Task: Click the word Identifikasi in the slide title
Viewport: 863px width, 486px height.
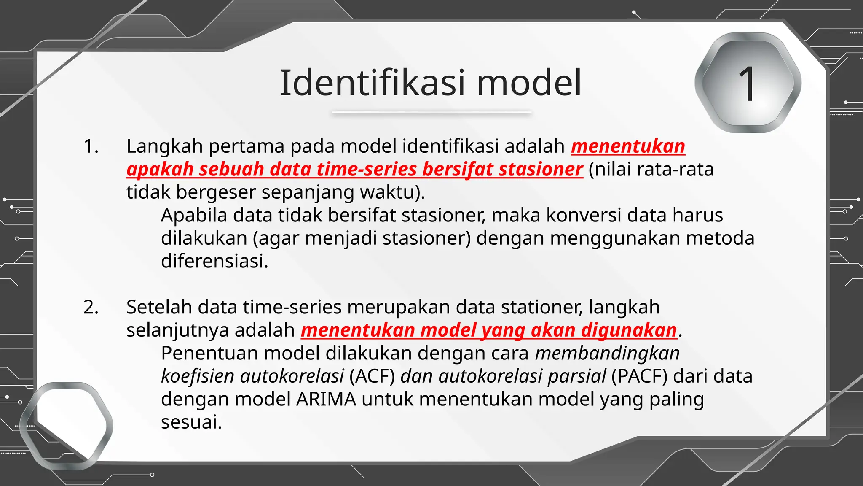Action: click(373, 83)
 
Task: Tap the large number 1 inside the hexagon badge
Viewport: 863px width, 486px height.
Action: click(748, 84)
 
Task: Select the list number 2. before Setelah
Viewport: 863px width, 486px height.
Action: click(91, 307)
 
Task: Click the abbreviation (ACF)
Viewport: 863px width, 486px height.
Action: click(372, 376)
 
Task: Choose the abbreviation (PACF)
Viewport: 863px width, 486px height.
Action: click(639, 376)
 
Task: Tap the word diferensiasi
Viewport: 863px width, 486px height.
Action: click(214, 261)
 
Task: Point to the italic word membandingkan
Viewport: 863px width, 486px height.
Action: click(607, 353)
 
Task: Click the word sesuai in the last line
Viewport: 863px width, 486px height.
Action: click(191, 422)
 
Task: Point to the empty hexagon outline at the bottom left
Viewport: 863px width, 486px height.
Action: click(66, 426)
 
